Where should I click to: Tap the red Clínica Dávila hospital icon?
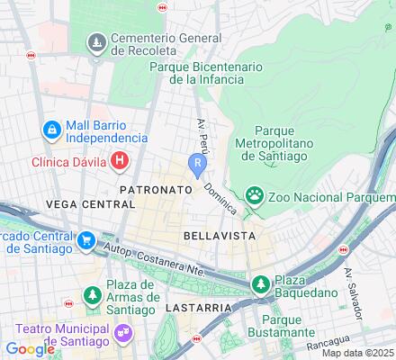point(120,162)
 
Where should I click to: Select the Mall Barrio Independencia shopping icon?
point(52,131)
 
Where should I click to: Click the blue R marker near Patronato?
point(196,163)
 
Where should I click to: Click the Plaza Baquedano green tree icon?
point(260,284)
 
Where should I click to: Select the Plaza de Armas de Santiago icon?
point(92,294)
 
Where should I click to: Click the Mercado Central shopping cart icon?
point(86,240)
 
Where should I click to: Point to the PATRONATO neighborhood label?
point(156,191)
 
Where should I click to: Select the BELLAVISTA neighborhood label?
point(220,235)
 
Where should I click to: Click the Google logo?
point(30,349)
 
